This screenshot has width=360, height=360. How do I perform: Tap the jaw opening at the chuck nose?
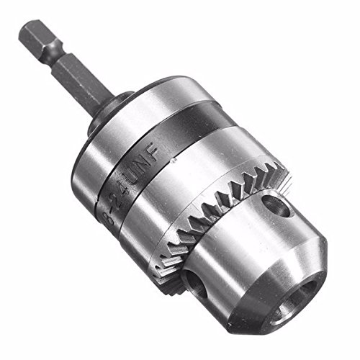pos(295,298)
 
